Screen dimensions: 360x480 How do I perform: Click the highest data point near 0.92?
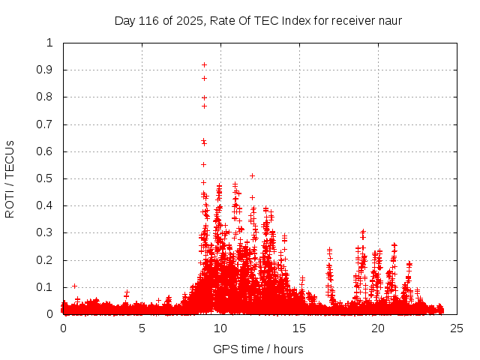pos(204,65)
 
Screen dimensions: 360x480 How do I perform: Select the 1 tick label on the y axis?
pos(50,43)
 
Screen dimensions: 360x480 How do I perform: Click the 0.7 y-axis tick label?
pos(47,124)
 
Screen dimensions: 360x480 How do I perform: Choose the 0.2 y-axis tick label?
pos(47,260)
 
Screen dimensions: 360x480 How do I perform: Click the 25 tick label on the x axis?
pos(457,328)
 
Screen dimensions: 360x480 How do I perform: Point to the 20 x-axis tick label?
pos(378,328)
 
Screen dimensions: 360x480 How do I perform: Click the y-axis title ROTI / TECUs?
pos(10,178)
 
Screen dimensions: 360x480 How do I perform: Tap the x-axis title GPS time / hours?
pos(259,349)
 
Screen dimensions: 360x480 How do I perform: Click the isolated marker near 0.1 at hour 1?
pos(74,286)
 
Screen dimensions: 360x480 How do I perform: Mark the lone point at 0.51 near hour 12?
pos(252,176)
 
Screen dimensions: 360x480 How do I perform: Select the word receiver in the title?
pos(353,21)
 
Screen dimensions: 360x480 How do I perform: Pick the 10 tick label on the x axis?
pos(220,328)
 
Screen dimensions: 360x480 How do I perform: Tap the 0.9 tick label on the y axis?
pos(47,70)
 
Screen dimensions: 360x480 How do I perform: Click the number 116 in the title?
pos(150,21)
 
